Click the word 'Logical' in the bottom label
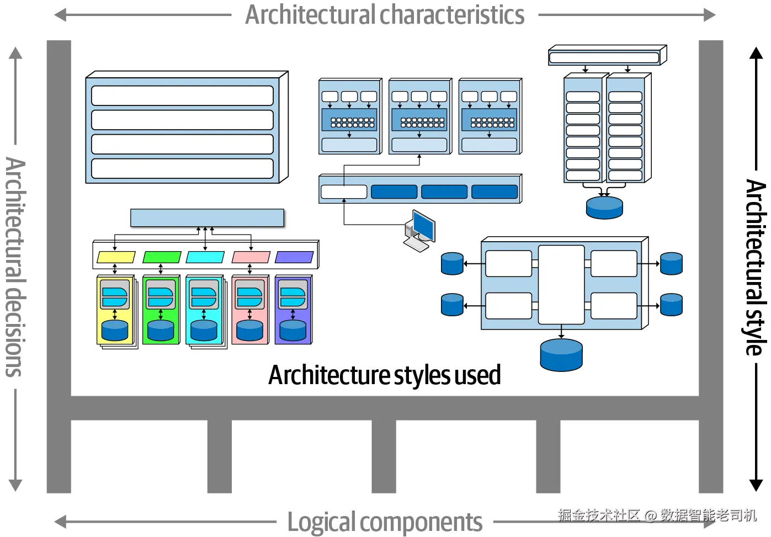pos(322,522)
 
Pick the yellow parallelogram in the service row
pos(116,257)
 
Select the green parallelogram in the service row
pos(162,257)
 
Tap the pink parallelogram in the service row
pos(251,257)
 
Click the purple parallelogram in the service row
pos(294,257)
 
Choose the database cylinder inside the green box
pos(161,331)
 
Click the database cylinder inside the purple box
pos(293,331)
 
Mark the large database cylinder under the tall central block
pos(561,354)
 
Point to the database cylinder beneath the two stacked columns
pos(604,207)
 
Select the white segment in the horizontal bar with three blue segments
pos(344,192)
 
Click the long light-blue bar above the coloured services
pos(207,217)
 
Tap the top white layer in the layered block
pos(182,95)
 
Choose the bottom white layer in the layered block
pos(182,169)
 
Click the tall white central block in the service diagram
pos(561,285)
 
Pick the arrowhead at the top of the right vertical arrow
pos(756,54)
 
